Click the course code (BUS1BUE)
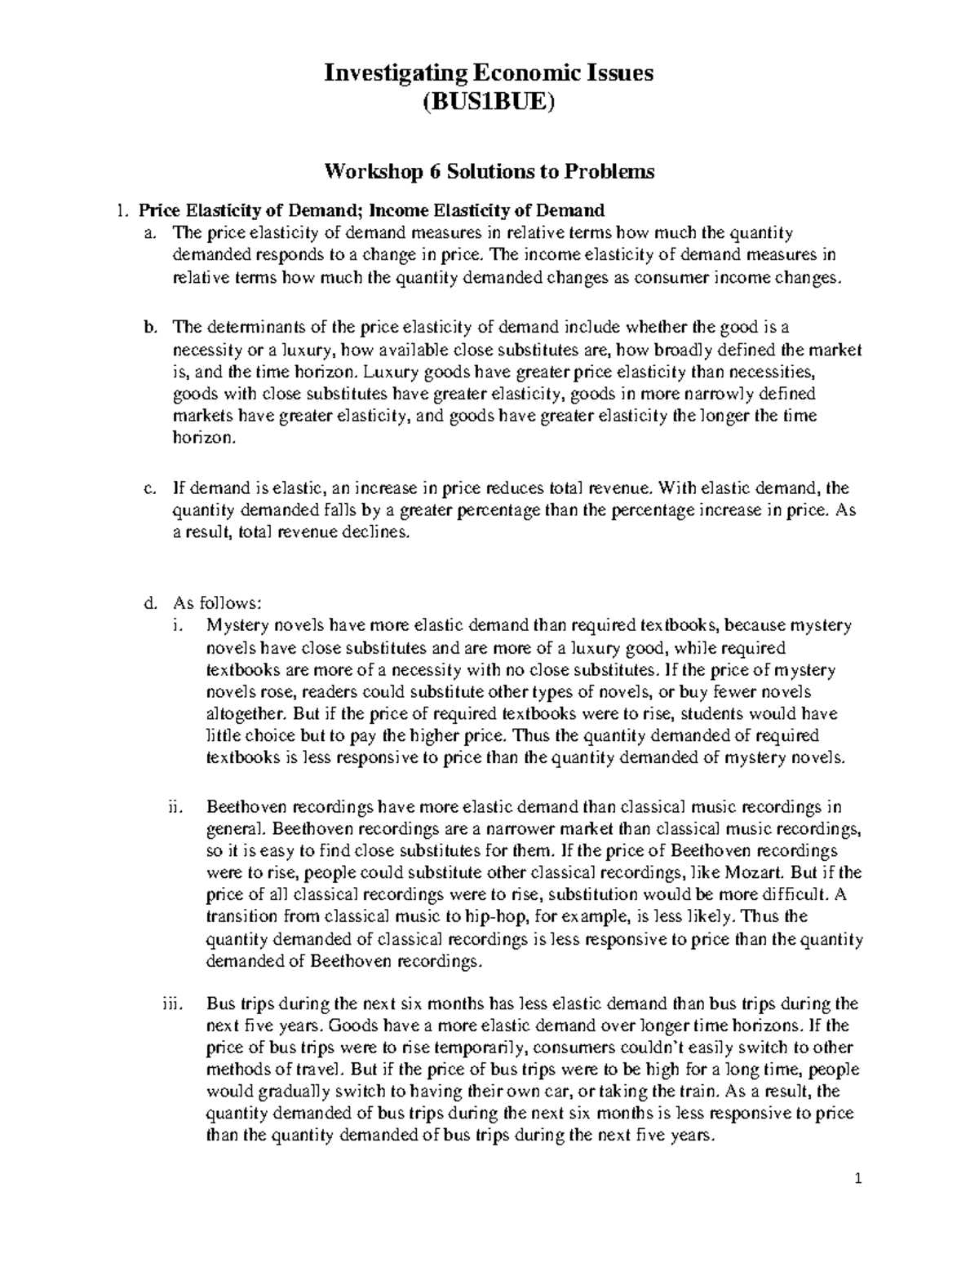click(489, 104)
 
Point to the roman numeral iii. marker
click(172, 1004)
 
